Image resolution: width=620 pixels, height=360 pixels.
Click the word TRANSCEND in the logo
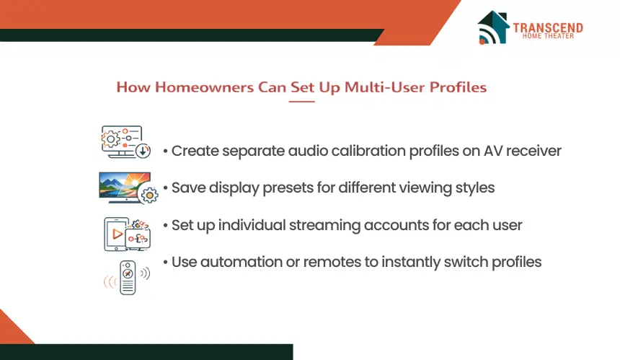pyautogui.click(x=548, y=27)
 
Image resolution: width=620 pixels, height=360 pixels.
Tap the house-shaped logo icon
pyautogui.click(x=493, y=27)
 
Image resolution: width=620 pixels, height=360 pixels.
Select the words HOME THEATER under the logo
pyautogui.click(x=548, y=36)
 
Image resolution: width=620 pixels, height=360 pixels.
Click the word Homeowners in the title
pyautogui.click(x=204, y=87)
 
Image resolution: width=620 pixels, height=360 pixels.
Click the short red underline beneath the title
pyautogui.click(x=301, y=102)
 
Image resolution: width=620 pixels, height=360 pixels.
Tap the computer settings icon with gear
pyautogui.click(x=125, y=142)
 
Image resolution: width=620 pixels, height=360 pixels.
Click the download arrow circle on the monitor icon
pyautogui.click(x=143, y=151)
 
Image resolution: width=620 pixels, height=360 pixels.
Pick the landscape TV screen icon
pyautogui.click(x=128, y=188)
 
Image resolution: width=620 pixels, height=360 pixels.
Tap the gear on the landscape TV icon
pyautogui.click(x=149, y=195)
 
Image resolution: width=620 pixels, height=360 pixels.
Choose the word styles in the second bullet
pyautogui.click(x=475, y=188)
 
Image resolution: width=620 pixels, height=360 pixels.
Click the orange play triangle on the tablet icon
pyautogui.click(x=118, y=234)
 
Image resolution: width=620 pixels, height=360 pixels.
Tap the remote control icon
pyautogui.click(x=128, y=277)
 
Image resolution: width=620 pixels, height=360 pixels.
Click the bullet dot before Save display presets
pyautogui.click(x=165, y=188)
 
